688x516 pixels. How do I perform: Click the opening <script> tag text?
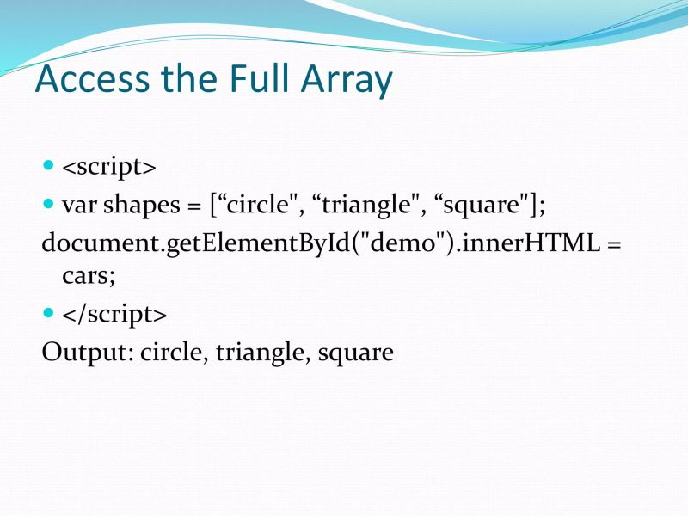pos(109,167)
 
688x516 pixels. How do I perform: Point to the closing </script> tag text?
pos(114,315)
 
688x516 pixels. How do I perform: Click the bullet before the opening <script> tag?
pos(48,165)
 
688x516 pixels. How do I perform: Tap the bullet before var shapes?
pos(48,205)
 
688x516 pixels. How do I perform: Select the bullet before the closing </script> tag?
pos(48,313)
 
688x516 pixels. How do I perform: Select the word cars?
pos(87,278)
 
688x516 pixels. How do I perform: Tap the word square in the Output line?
pos(354,353)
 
